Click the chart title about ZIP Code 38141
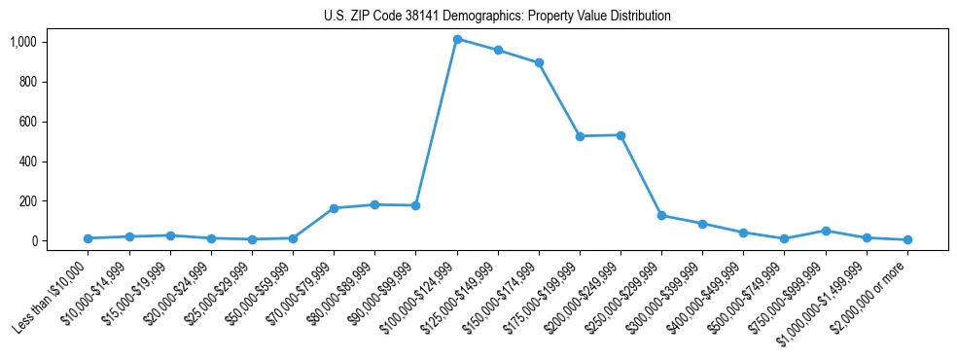497,16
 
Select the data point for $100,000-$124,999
457,39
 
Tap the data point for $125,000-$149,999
498,50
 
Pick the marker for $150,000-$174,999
539,62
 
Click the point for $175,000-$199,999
580,136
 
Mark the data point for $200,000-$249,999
620,135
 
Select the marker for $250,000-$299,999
661,215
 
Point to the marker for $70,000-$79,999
334,208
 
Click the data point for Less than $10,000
88,238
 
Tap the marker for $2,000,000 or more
907,239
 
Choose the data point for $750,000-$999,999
826,231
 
